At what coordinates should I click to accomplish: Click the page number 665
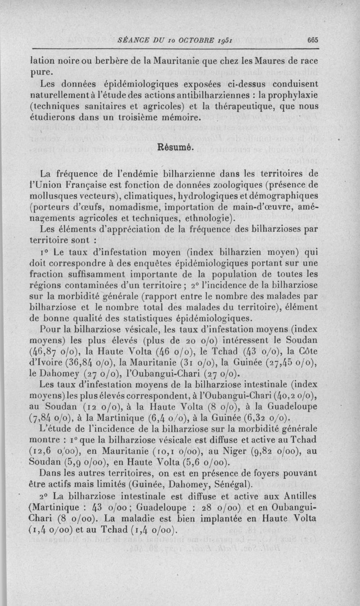(x=313, y=40)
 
